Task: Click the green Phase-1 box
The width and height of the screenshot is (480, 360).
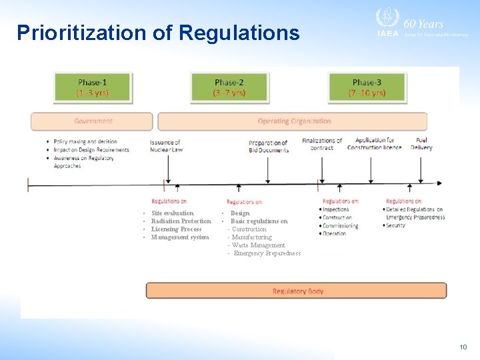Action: tap(93, 87)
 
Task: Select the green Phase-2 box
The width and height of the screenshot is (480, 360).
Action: tap(229, 87)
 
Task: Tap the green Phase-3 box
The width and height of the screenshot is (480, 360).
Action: tap(367, 87)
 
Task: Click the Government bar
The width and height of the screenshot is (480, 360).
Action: tap(92, 121)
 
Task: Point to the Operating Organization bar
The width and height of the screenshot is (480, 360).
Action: tap(293, 121)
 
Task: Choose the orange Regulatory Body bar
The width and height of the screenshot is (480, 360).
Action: tap(297, 291)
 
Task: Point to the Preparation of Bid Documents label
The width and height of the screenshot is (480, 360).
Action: tap(269, 147)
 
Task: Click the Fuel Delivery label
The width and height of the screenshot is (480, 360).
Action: tap(421, 144)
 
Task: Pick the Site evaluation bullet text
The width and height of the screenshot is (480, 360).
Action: tap(173, 213)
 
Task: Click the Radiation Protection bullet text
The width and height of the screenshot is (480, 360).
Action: tap(181, 221)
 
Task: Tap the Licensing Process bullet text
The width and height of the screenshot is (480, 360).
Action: tap(176, 229)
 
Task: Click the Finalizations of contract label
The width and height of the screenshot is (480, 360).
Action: tap(322, 144)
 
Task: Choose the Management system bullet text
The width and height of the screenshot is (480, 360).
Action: tap(179, 237)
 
